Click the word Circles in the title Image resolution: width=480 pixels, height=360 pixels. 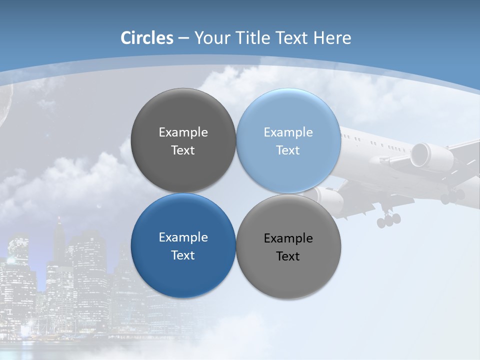pyautogui.click(x=147, y=38)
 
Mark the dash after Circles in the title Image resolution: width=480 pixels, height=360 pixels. pyautogui.click(x=183, y=38)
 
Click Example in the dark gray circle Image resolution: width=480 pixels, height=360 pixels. pyautogui.click(x=183, y=132)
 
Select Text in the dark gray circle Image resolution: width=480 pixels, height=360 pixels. pyautogui.click(x=183, y=150)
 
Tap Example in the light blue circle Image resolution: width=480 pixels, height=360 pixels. pyautogui.click(x=288, y=132)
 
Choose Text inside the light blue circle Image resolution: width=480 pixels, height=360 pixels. pyautogui.click(x=288, y=150)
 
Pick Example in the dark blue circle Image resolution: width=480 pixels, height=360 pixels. pyautogui.click(x=183, y=237)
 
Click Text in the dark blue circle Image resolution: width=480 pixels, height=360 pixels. pyautogui.click(x=183, y=255)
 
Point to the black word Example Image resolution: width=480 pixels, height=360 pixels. pyautogui.click(x=288, y=238)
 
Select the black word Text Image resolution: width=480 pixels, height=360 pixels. pyautogui.click(x=288, y=256)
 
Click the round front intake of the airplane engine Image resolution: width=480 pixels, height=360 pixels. pyautogui.click(x=420, y=154)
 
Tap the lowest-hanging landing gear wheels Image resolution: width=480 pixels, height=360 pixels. pyautogui.click(x=388, y=219)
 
